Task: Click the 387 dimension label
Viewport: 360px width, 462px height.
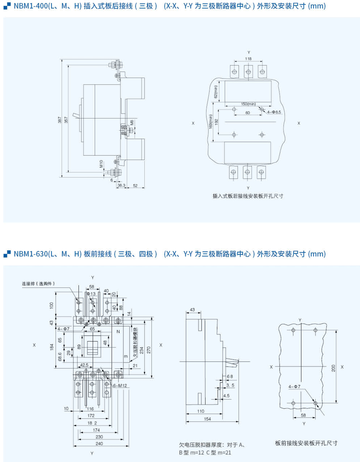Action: [x=60, y=120]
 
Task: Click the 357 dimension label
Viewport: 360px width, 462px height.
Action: [x=65, y=120]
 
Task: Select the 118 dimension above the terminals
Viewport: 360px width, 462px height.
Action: [x=248, y=59]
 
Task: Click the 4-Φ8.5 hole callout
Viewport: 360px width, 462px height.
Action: [x=274, y=112]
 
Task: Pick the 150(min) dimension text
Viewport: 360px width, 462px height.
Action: [x=249, y=104]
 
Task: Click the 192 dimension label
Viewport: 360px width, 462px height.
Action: [x=216, y=122]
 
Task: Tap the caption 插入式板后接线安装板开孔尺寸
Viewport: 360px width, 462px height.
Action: [x=248, y=196]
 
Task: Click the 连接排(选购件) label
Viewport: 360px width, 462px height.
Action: [x=38, y=283]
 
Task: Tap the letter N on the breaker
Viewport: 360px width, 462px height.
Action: [x=118, y=331]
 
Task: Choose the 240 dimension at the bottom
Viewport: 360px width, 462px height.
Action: [x=99, y=444]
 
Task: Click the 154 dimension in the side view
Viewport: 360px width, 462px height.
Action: [x=207, y=419]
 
